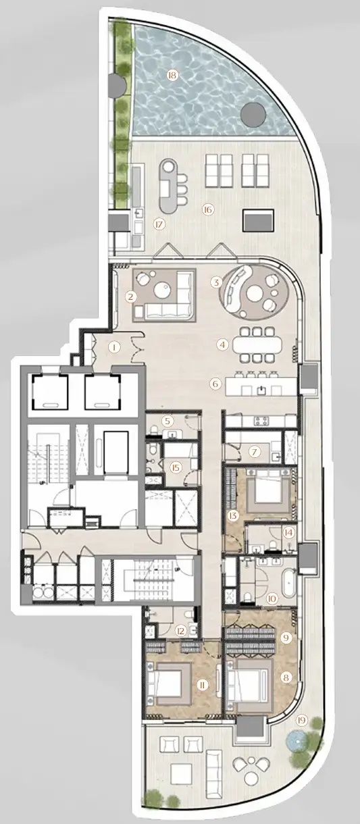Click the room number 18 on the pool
click(x=172, y=75)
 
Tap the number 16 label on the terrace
click(x=207, y=209)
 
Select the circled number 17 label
click(x=159, y=225)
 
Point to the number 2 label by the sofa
click(x=131, y=296)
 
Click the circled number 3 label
click(x=215, y=282)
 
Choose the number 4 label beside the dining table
click(x=222, y=344)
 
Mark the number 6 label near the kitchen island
click(x=215, y=384)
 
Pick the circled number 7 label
click(x=255, y=451)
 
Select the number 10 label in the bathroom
click(x=272, y=597)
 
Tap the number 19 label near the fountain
click(x=301, y=720)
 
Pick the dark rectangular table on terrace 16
click(x=259, y=220)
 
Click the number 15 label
click(x=175, y=467)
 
